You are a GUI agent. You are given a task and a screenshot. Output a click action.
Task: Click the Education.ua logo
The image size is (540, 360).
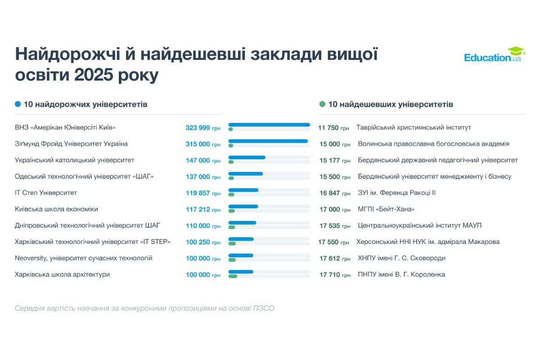click(492, 56)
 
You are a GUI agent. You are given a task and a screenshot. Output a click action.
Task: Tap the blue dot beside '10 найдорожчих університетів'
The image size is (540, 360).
click(18, 104)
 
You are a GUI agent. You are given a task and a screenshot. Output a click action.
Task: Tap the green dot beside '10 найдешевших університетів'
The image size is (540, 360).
click(322, 104)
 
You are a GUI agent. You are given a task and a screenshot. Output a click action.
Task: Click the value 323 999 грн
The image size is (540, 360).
click(203, 128)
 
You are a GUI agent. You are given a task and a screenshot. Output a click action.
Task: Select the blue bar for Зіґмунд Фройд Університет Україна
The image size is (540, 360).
click(268, 141)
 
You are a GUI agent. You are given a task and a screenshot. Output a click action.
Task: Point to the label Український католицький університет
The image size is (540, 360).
click(75, 160)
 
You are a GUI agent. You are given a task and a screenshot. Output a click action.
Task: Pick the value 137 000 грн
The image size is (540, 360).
click(203, 177)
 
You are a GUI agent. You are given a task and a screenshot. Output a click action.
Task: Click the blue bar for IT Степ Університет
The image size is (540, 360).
click(243, 190)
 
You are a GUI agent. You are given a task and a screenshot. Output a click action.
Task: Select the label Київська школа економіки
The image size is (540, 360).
click(56, 209)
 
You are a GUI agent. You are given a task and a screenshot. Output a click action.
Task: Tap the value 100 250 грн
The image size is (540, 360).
click(203, 242)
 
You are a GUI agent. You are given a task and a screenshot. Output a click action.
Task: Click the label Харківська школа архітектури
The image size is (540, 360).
click(62, 274)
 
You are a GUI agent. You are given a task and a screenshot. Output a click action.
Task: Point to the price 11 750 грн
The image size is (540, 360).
click(333, 128)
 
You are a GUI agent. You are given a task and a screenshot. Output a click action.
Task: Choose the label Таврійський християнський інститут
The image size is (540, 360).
click(414, 128)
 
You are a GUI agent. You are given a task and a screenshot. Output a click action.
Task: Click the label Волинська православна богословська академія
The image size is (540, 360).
click(433, 144)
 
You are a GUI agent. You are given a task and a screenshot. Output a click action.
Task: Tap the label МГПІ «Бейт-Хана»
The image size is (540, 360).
click(386, 209)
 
